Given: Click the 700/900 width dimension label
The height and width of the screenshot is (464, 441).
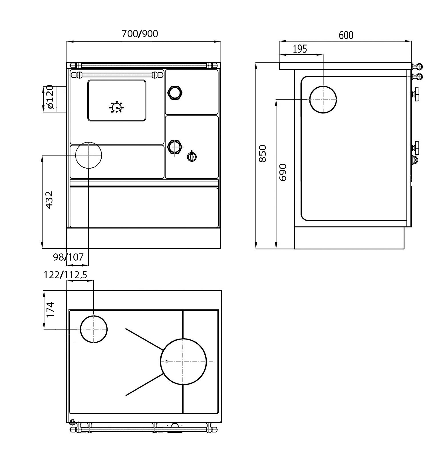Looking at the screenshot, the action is point(140,34).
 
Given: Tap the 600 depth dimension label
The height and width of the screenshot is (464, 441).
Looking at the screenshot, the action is point(346,35).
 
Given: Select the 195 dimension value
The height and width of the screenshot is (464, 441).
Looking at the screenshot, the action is point(300,49).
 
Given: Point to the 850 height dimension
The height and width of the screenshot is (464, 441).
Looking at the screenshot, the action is point(262,153).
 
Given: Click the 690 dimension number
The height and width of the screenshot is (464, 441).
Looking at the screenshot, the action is point(283,172).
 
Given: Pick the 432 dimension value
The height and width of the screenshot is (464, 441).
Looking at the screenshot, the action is point(49,200).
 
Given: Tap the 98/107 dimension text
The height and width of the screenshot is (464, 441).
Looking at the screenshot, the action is point(69,257).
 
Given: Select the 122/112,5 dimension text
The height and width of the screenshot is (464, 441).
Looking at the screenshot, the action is point(65,275).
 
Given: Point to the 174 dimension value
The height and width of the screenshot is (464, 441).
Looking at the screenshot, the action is point(50,309).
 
